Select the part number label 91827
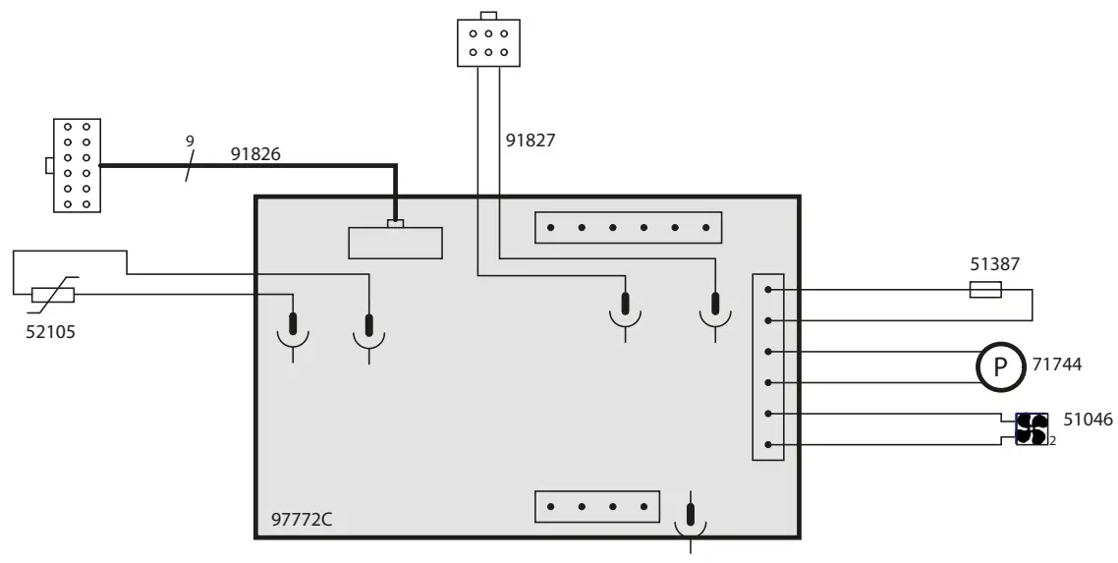tap(531, 141)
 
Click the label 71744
tap(1057, 365)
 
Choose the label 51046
tap(1089, 420)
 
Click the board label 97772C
tap(302, 518)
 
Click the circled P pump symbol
tap(1000, 367)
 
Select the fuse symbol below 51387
tap(985, 290)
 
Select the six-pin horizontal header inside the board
tap(628, 228)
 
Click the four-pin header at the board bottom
tap(596, 507)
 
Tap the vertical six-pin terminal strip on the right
tap(767, 366)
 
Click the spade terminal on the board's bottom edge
tap(692, 518)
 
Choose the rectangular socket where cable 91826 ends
tap(395, 242)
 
